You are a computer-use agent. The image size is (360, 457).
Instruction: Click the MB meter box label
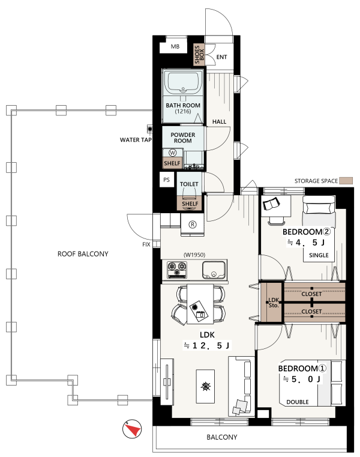click(x=175, y=46)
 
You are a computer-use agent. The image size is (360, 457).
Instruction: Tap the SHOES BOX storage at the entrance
click(x=199, y=55)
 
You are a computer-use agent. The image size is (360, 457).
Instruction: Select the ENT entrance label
click(x=221, y=57)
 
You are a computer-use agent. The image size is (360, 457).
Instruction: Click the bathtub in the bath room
click(x=183, y=82)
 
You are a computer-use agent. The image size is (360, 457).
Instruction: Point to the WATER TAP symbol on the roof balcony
click(x=150, y=129)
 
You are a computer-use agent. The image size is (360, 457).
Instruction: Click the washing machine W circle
click(x=173, y=153)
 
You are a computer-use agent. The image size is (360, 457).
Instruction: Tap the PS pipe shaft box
click(x=167, y=180)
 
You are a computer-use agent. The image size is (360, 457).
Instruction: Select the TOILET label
click(x=189, y=184)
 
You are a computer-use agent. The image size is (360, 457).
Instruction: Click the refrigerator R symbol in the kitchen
click(x=192, y=225)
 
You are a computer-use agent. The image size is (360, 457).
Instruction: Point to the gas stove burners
click(x=177, y=269)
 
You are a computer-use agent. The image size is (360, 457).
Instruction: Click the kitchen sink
click(x=214, y=270)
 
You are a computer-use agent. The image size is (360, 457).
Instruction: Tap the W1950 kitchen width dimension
click(x=194, y=255)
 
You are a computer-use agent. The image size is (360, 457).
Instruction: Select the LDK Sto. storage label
click(x=274, y=303)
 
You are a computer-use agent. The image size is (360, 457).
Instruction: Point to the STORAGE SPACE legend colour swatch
click(x=346, y=181)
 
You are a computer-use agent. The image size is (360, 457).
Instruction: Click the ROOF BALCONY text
click(x=83, y=254)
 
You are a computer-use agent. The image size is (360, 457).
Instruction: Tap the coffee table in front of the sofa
click(x=205, y=386)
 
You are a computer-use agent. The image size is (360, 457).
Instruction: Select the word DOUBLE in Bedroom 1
click(x=298, y=402)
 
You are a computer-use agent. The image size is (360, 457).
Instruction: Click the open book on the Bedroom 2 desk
click(x=271, y=204)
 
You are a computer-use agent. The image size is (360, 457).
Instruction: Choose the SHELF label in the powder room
click(x=172, y=163)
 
